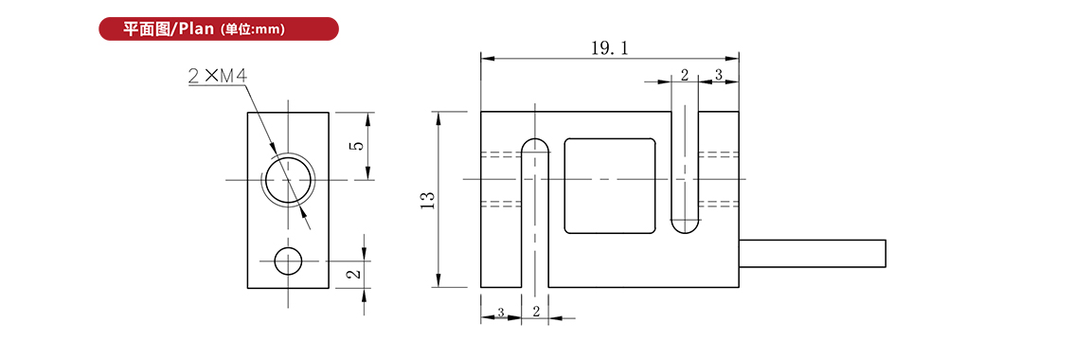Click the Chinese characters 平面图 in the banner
(146, 28)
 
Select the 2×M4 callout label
(217, 76)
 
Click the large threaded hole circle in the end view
(288, 180)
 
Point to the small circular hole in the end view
(288, 261)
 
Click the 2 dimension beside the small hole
(353, 274)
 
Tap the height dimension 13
(429, 199)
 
